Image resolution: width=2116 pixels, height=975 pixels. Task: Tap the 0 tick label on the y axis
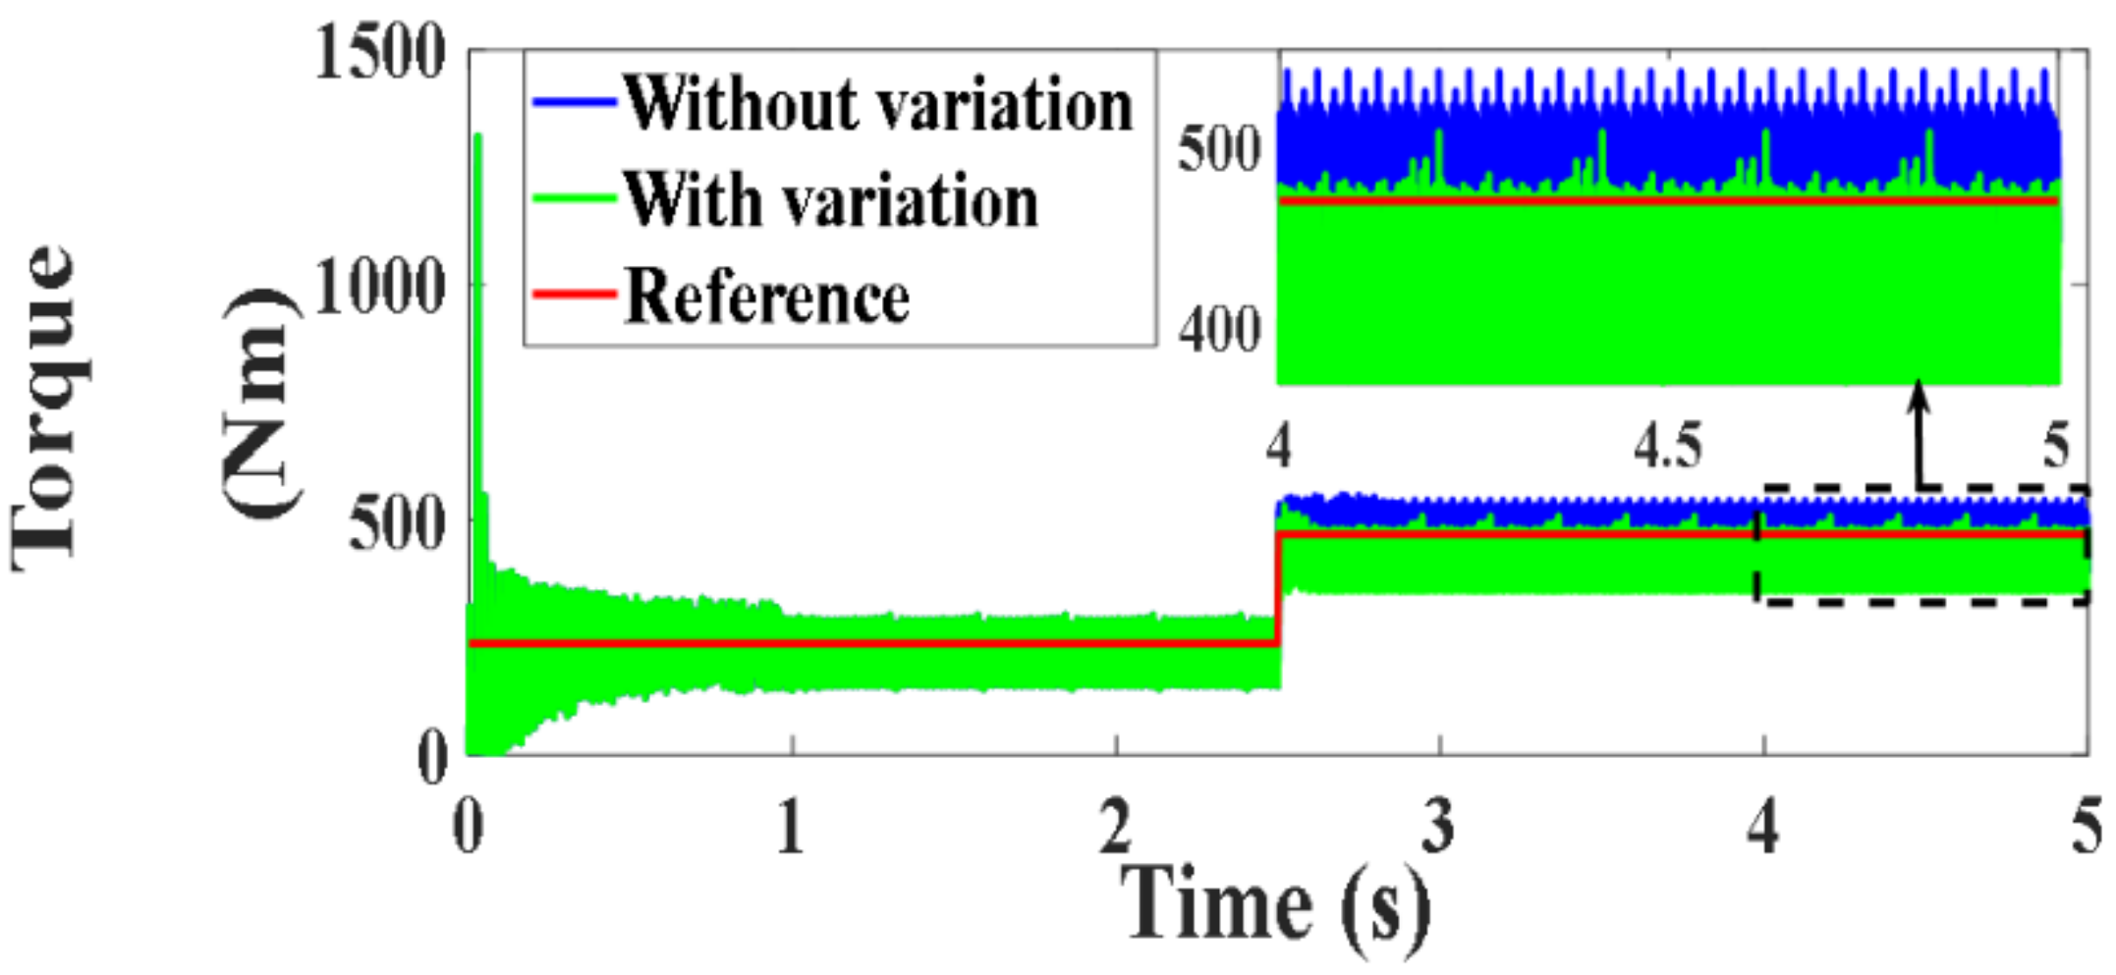pyautogui.click(x=432, y=758)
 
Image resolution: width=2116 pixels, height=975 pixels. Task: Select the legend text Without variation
pyautogui.click(x=877, y=103)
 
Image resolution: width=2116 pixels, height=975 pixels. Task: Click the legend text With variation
pyautogui.click(x=830, y=200)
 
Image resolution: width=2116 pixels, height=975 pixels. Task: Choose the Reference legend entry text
pyautogui.click(x=766, y=297)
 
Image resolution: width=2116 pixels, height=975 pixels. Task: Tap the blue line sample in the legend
pyautogui.click(x=574, y=100)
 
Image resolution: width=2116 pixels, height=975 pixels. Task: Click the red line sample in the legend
pyautogui.click(x=574, y=294)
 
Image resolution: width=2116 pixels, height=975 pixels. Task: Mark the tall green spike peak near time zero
pyautogui.click(x=478, y=137)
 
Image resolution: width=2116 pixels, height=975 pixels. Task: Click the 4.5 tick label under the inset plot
pyautogui.click(x=1667, y=447)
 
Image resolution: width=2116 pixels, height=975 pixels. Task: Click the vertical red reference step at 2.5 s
pyautogui.click(x=1278, y=589)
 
